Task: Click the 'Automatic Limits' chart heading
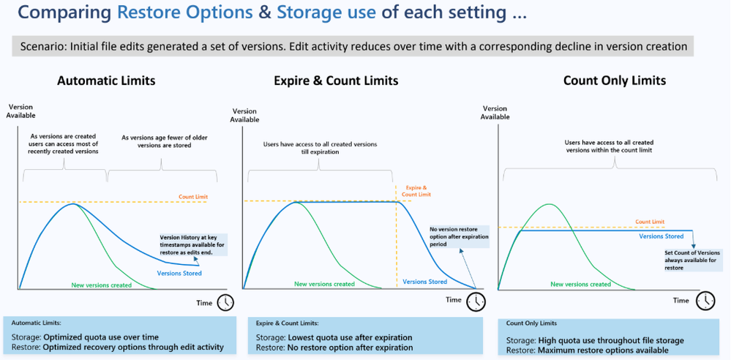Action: point(106,80)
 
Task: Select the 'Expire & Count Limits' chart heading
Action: point(336,80)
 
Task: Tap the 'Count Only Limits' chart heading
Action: point(615,80)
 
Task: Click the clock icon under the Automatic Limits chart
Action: point(225,302)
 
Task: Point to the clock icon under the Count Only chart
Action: point(705,300)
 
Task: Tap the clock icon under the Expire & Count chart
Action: point(476,300)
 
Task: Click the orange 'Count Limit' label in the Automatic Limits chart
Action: point(193,197)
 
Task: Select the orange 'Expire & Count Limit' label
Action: point(416,191)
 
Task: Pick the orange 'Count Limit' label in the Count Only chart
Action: point(650,222)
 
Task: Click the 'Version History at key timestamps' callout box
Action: point(193,244)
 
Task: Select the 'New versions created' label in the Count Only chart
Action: point(581,284)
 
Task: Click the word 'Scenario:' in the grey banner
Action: point(39,47)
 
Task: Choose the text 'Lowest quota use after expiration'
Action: point(350,337)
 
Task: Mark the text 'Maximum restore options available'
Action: point(604,350)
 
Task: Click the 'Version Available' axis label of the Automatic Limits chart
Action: point(20,111)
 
